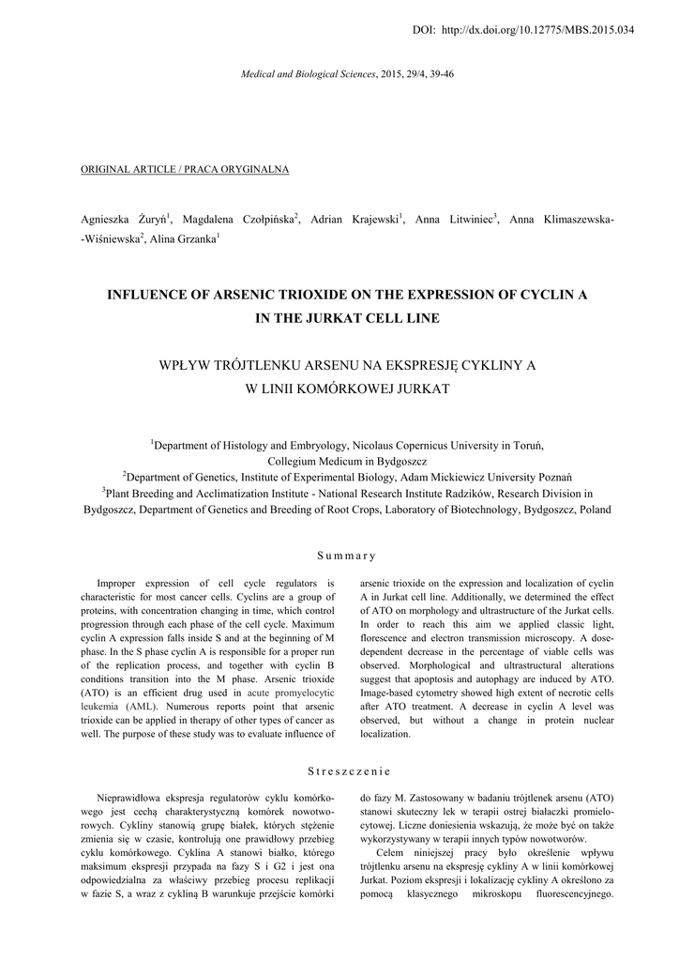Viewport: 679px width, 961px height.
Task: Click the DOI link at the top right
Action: (x=536, y=30)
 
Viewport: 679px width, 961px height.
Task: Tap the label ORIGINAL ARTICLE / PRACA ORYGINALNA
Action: (x=185, y=169)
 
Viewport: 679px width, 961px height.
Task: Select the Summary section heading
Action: (x=339, y=556)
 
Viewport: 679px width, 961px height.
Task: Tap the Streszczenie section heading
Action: (x=339, y=771)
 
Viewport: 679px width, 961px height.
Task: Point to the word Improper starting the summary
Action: (x=123, y=584)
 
